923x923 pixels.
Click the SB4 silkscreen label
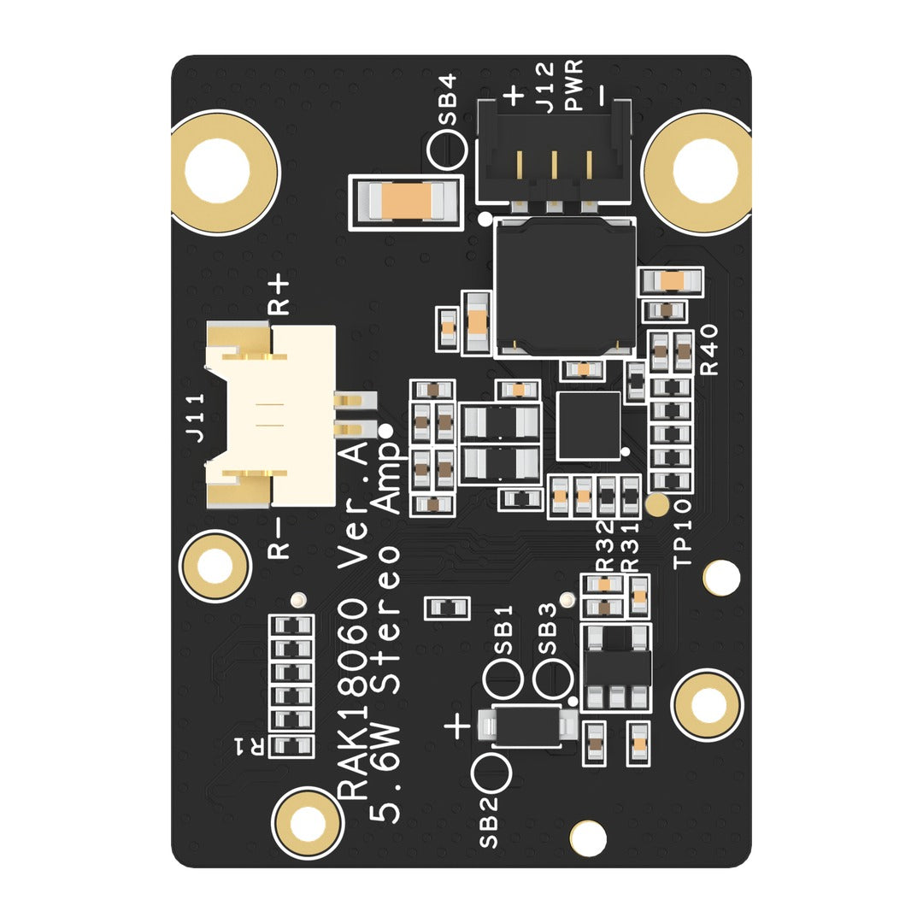[x=447, y=99]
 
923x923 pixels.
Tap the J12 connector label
[x=545, y=87]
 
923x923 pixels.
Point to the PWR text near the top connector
[x=574, y=85]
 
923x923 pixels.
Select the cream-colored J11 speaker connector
[x=277, y=415]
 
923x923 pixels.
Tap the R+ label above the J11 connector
[x=279, y=296]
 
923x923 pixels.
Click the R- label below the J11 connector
[x=279, y=538]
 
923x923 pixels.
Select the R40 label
[x=709, y=350]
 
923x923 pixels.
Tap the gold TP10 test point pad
[x=657, y=504]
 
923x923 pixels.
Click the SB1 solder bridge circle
[x=503, y=679]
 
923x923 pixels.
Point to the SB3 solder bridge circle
[x=552, y=679]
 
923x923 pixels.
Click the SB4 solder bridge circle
[x=447, y=149]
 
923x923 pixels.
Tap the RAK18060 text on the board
[x=352, y=700]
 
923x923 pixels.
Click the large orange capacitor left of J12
[x=406, y=201]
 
